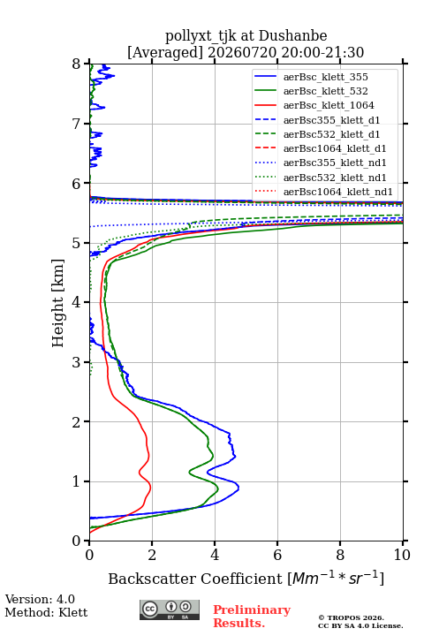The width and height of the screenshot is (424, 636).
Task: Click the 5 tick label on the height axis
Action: pos(77,244)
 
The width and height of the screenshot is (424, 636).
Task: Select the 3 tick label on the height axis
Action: pos(77,362)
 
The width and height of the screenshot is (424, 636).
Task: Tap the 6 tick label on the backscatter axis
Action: pos(277,555)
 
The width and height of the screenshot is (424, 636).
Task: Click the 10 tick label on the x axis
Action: pos(402,555)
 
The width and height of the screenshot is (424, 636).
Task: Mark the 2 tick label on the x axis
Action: pos(152,555)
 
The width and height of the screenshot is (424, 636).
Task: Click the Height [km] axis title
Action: pos(57,303)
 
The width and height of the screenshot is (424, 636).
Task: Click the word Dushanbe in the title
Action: pos(292,36)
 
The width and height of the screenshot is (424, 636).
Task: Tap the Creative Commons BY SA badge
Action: pos(170,610)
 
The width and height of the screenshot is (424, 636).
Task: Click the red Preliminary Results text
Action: pos(252,617)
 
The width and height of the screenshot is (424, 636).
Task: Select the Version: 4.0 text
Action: pos(40,599)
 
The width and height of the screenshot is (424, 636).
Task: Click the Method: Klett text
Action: pos(46,612)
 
